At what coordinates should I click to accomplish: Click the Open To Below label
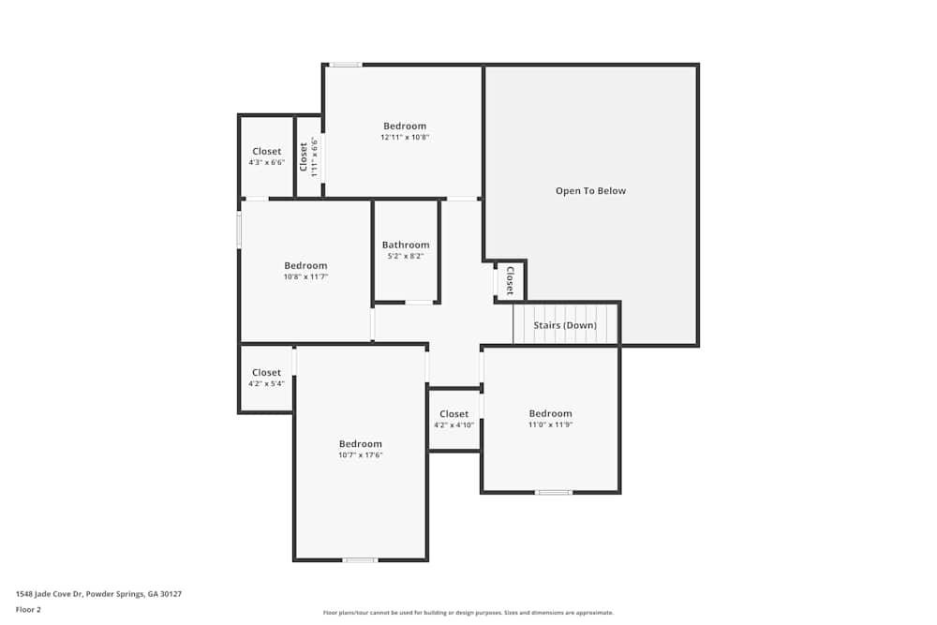(590, 191)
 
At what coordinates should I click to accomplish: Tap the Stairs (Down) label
(565, 325)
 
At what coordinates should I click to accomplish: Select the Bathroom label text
(406, 246)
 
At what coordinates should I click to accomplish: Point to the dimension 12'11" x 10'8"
(405, 138)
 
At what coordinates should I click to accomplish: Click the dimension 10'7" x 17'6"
(361, 455)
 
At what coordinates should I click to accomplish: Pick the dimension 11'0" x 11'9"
(550, 425)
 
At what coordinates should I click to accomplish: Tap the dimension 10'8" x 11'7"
(305, 277)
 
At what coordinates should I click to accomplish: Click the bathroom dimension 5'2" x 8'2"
(406, 257)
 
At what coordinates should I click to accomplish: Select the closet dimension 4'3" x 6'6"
(266, 163)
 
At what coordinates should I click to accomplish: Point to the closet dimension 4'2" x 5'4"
(266, 384)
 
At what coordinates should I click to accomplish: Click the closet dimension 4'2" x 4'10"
(454, 425)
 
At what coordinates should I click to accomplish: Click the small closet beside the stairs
(510, 280)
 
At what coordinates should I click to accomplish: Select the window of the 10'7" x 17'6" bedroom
(360, 560)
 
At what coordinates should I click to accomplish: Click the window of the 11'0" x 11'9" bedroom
(554, 492)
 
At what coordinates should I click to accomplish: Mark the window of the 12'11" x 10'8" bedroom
(345, 65)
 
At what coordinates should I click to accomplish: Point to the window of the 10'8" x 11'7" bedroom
(239, 231)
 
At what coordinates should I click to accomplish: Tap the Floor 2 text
(28, 610)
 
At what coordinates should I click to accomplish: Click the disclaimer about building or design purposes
(468, 613)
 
